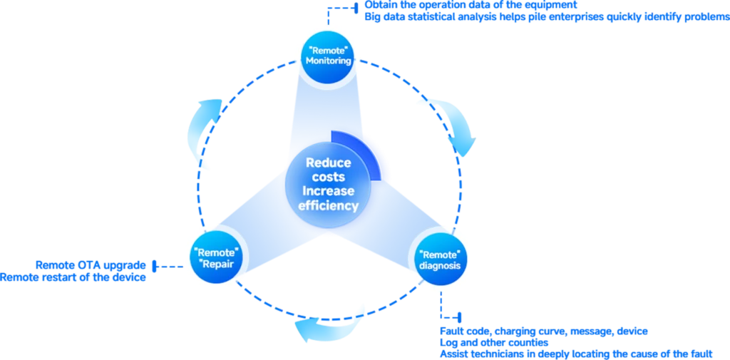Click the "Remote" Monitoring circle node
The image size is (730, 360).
(x=328, y=55)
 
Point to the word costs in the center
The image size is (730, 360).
(x=328, y=177)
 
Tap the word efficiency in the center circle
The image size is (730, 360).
(x=328, y=206)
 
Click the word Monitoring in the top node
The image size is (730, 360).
(x=328, y=61)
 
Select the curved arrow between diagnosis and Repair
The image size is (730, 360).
(x=328, y=324)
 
